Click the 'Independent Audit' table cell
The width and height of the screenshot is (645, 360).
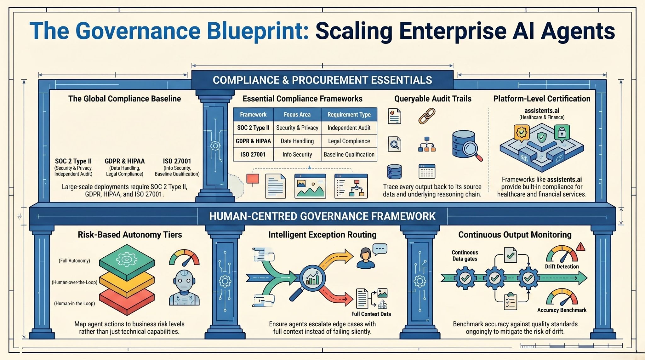(349, 128)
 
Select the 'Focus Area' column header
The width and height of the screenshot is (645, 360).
(297, 115)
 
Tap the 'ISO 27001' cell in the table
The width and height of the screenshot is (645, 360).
(253, 154)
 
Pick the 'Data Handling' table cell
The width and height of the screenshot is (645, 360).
(297, 141)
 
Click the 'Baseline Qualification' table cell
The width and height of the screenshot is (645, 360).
(349, 154)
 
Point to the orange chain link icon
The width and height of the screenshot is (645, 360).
(427, 116)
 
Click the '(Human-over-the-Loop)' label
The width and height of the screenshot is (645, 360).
(74, 282)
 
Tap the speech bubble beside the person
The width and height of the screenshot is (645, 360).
(380, 249)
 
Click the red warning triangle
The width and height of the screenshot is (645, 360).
(580, 247)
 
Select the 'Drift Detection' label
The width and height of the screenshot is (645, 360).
(562, 266)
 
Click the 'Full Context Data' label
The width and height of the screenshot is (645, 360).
(371, 314)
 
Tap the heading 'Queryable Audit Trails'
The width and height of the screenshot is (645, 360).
(433, 99)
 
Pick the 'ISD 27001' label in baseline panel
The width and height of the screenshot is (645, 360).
(177, 161)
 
